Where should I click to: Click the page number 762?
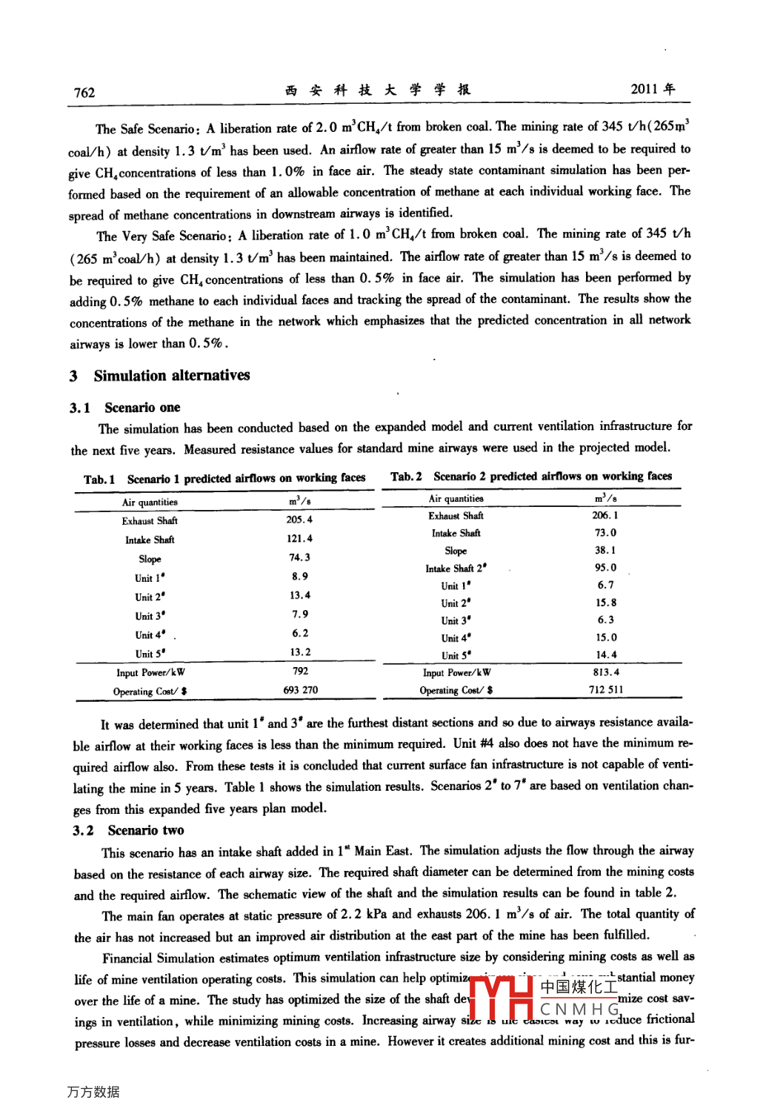[x=84, y=93]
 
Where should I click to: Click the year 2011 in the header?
[x=645, y=89]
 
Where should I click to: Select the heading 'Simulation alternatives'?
[x=172, y=375]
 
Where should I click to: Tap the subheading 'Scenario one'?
[x=142, y=407]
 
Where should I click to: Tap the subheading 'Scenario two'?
[x=146, y=830]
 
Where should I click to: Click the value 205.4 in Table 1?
[x=299, y=520]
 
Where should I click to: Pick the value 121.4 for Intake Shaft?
[x=299, y=539]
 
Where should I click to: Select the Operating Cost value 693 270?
[x=300, y=690]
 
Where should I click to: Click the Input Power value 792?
[x=300, y=671]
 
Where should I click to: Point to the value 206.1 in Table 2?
[x=605, y=515]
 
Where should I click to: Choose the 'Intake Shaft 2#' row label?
[x=456, y=569]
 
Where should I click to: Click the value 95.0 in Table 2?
[x=605, y=568]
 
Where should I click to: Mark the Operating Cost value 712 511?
[x=605, y=689]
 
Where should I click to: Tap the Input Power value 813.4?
[x=605, y=672]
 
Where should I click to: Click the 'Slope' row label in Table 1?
[x=150, y=559]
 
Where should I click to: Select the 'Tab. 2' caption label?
[x=406, y=477]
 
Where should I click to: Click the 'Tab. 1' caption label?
[x=99, y=479]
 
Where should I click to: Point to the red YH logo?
[x=502, y=999]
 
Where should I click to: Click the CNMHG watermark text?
[x=579, y=1010]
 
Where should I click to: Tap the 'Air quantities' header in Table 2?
[x=456, y=499]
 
